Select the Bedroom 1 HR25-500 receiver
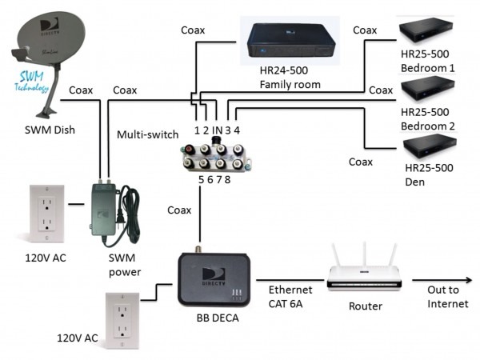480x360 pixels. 432,30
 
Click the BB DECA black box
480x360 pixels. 210,277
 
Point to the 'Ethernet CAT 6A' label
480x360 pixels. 290,297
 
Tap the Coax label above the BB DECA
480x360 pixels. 180,210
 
